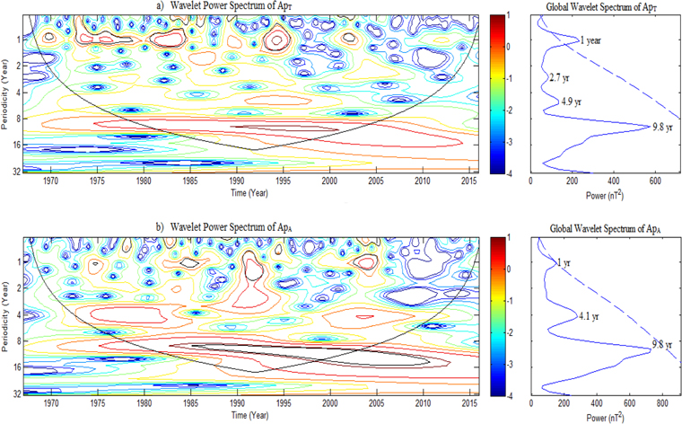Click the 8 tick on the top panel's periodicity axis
18,119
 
